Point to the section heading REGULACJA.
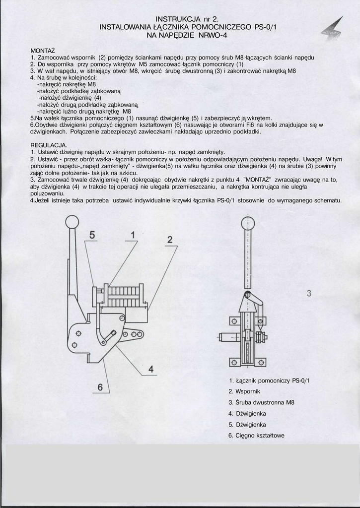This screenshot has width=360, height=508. tap(49, 144)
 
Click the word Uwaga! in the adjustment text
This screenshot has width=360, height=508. tap(313, 159)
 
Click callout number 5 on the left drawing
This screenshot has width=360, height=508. tap(92, 235)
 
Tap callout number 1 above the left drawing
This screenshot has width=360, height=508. tap(133, 234)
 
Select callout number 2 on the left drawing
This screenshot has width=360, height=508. tap(170, 240)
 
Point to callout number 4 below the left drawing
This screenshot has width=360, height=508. tap(151, 369)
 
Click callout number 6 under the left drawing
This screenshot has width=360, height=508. tap(100, 386)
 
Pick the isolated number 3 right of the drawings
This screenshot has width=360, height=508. tap(309, 293)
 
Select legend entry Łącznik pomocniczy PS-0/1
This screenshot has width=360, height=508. tap(269, 381)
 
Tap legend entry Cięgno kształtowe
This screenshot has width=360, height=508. tap(256, 436)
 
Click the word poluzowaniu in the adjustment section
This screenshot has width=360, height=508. tap(48, 193)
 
